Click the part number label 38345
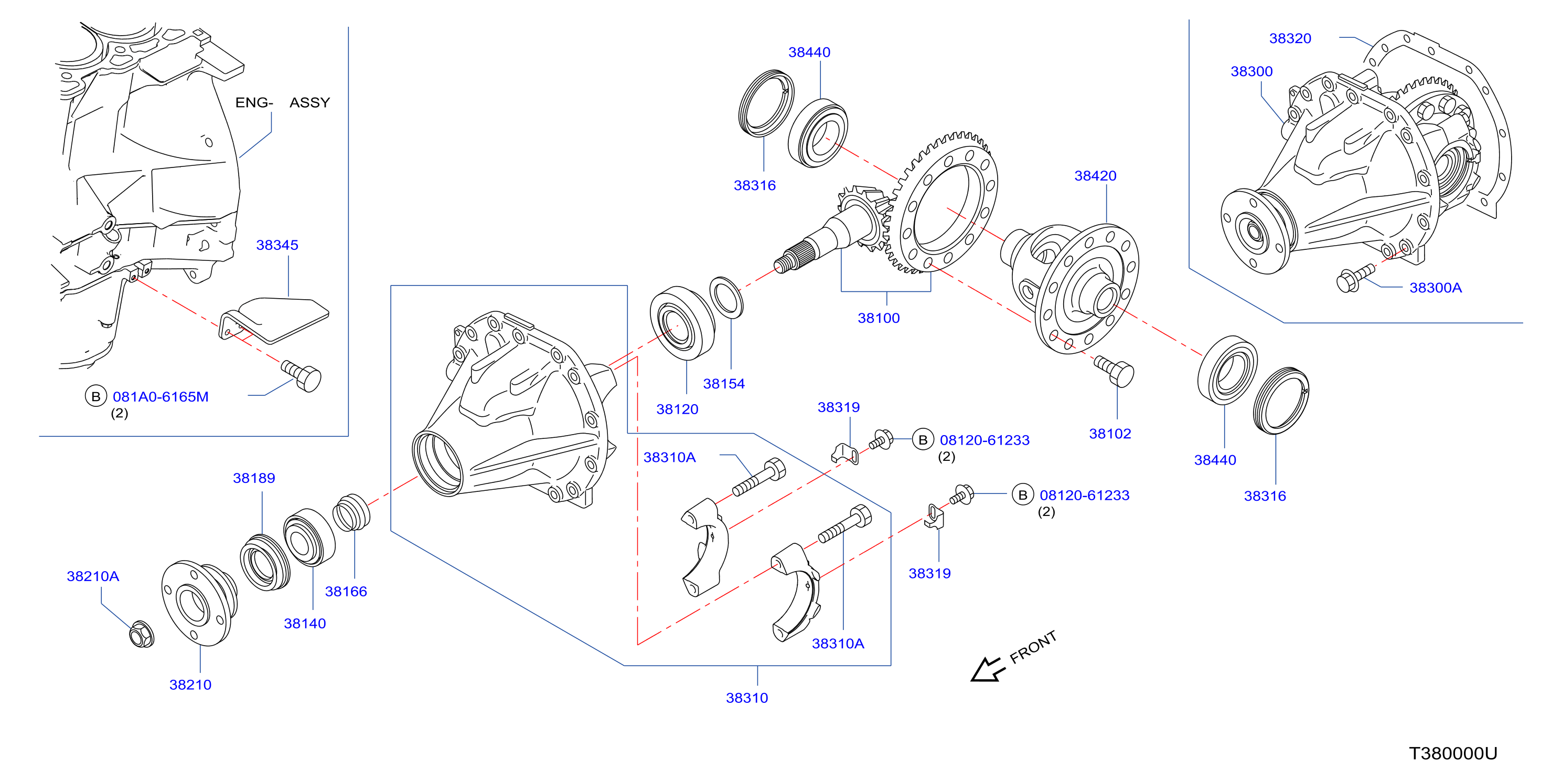pyautogui.click(x=277, y=245)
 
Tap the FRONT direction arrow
pyautogui.click(x=987, y=669)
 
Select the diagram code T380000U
pyautogui.click(x=1453, y=753)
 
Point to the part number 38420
pyautogui.click(x=1095, y=176)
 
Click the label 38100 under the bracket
pyautogui.click(x=879, y=318)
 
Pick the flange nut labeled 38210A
pyautogui.click(x=142, y=634)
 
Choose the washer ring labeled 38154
pyautogui.click(x=726, y=297)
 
